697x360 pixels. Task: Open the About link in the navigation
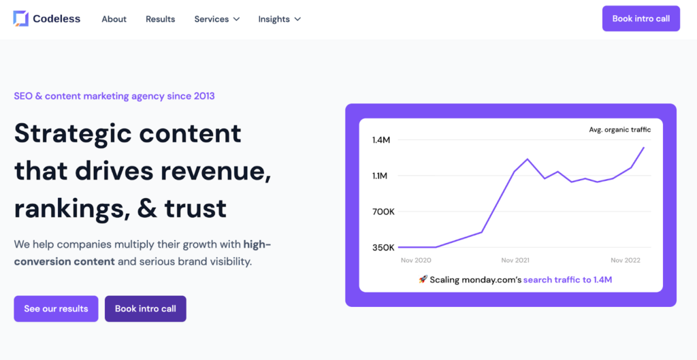point(114,19)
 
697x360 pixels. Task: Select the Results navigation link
point(160,19)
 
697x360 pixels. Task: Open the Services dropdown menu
point(216,19)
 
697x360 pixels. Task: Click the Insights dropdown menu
point(279,19)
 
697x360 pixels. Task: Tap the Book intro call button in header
point(641,18)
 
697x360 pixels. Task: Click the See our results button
point(56,308)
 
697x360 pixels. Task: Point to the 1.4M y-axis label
point(381,140)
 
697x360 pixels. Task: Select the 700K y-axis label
point(383,212)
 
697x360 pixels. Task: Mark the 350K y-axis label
point(383,247)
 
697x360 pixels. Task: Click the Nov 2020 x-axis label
point(416,261)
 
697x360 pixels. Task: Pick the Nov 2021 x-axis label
point(516,261)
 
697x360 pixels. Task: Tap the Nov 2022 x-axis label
point(625,261)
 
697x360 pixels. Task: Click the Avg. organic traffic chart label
point(619,129)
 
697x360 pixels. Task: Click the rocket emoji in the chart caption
point(423,280)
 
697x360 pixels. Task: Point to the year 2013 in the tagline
point(203,96)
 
